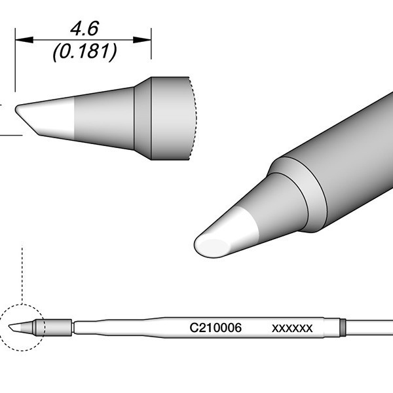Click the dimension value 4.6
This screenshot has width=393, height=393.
point(83,29)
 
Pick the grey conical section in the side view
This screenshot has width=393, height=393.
point(105,118)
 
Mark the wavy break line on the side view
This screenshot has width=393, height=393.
point(194,118)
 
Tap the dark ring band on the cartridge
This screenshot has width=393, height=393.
point(342,326)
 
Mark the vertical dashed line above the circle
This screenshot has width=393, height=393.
point(23,275)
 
